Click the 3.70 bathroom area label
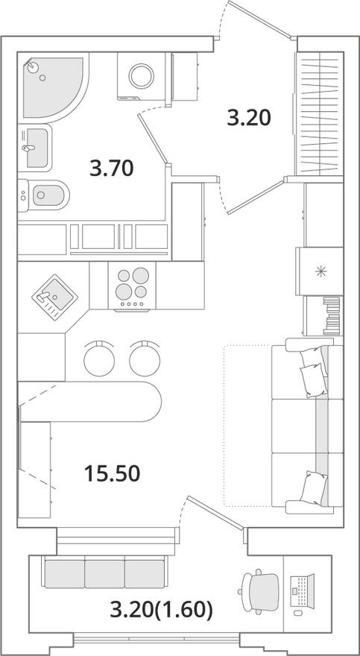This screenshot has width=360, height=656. click(x=111, y=169)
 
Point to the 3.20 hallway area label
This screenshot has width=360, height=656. click(x=247, y=117)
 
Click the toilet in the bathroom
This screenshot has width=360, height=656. click(x=45, y=197)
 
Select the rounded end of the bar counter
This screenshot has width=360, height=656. click(x=149, y=403)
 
